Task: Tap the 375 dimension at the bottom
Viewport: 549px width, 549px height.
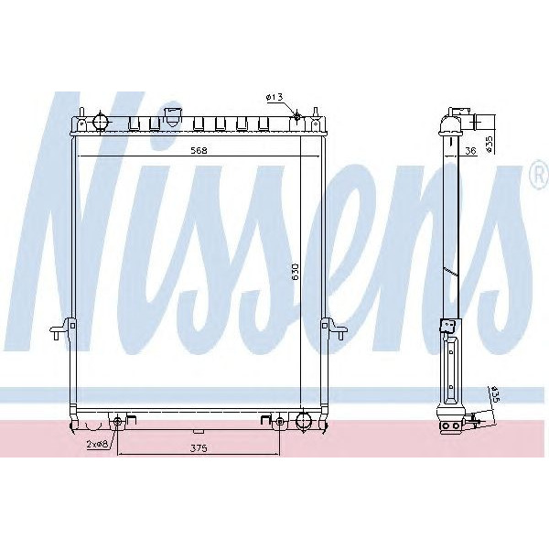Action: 198,447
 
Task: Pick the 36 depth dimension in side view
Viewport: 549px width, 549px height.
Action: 468,151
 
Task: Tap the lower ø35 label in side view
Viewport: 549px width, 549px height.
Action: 492,395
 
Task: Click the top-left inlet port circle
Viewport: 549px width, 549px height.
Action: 100,121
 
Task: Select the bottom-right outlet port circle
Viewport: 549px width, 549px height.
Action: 303,422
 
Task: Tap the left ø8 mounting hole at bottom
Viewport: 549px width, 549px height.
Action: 118,422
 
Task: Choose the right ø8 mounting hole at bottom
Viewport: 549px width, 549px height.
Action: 278,422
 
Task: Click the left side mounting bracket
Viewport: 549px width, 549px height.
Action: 61,328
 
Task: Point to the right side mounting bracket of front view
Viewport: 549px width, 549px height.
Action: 332,328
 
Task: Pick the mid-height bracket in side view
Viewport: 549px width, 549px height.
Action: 447,326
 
